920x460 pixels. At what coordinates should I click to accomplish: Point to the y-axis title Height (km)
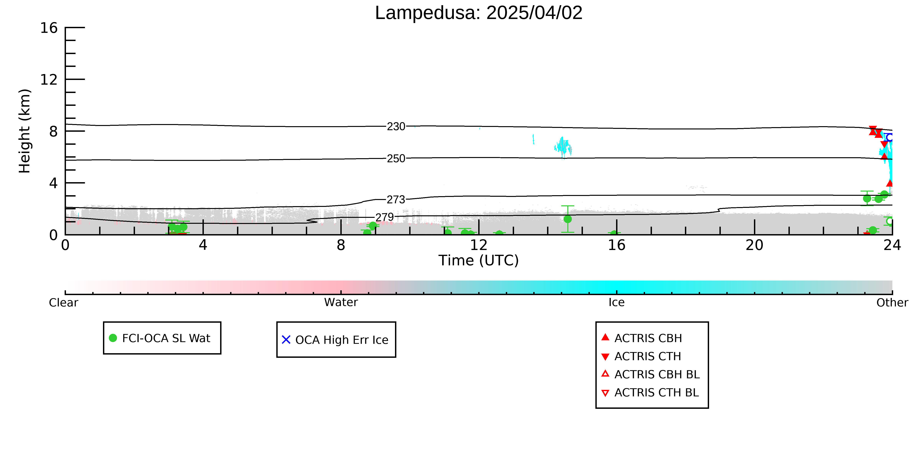coord(25,131)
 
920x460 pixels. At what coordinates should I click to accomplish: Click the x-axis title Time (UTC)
coord(479,260)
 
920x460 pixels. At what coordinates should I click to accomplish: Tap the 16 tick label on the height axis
coord(49,28)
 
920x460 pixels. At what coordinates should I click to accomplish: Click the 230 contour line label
coord(396,126)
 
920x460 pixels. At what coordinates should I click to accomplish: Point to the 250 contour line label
coord(396,158)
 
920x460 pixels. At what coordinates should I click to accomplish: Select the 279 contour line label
coord(385,217)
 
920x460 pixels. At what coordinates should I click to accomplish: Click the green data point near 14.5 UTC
coord(568,219)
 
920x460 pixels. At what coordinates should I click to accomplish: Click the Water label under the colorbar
coord(341,303)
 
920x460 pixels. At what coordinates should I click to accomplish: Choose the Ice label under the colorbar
coord(616,303)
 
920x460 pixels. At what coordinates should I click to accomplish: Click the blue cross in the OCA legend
coord(286,340)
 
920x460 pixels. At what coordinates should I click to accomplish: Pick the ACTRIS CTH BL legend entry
coord(650,393)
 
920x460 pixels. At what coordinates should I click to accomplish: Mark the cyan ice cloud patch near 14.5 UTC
coord(563,147)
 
